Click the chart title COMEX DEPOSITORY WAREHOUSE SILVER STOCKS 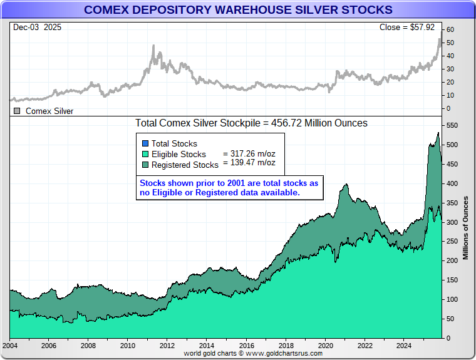pyautogui.click(x=238, y=10)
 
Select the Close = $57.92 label pyautogui.click(x=410, y=28)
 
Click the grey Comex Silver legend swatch pyautogui.click(x=17, y=111)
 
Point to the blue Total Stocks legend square pyautogui.click(x=145, y=143)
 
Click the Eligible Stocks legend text pyautogui.click(x=178, y=154)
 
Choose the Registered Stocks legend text pyautogui.click(x=185, y=165)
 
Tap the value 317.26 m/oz pyautogui.click(x=249, y=153)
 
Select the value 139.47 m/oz pyautogui.click(x=249, y=162)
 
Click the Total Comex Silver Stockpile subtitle pyautogui.click(x=251, y=123)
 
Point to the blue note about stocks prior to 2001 pyautogui.click(x=229, y=187)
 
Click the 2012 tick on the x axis pyautogui.click(x=167, y=345)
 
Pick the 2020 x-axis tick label pyautogui.click(x=325, y=345)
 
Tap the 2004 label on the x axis pyautogui.click(x=10, y=345)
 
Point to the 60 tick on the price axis pyautogui.click(x=450, y=29)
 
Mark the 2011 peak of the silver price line pyautogui.click(x=153, y=46)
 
